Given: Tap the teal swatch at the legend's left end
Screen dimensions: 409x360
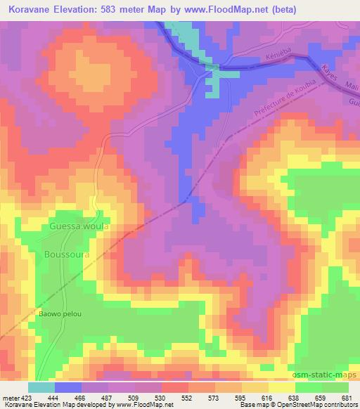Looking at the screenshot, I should pyautogui.click(x=41, y=387).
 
